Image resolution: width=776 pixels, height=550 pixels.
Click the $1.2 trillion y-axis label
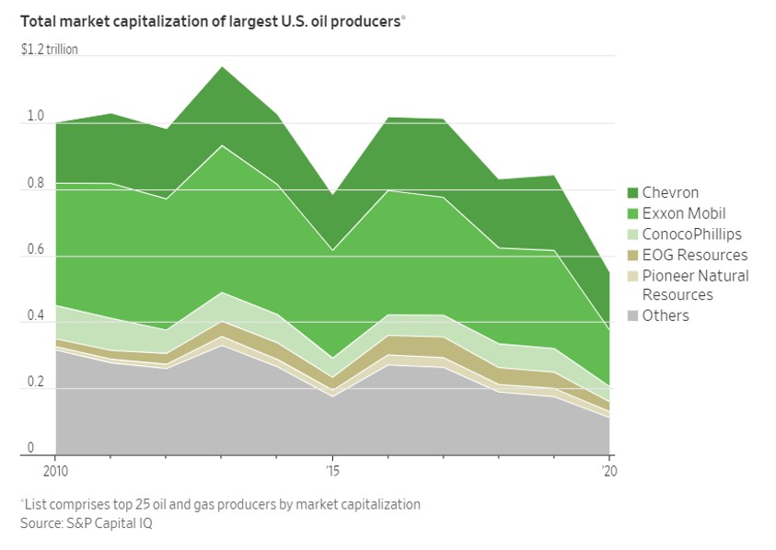pyautogui.click(x=49, y=50)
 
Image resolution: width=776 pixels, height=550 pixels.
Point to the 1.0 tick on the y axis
pyautogui.click(x=35, y=116)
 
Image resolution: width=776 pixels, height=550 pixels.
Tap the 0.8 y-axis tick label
pyautogui.click(x=35, y=183)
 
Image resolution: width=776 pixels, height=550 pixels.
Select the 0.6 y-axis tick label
pyautogui.click(x=35, y=249)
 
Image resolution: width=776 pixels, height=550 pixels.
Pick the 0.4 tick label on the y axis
pyautogui.click(x=35, y=315)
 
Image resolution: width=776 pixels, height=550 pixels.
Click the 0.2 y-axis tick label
pyautogui.click(x=35, y=383)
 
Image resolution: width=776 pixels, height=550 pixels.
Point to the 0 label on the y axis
pyautogui.click(x=30, y=448)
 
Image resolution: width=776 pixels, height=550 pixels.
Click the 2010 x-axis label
pyautogui.click(x=55, y=471)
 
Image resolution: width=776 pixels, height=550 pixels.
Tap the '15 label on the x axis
pyautogui.click(x=332, y=471)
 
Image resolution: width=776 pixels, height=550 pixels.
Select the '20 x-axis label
pyautogui.click(x=609, y=471)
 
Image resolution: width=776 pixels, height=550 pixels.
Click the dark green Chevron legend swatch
pyautogui.click(x=632, y=193)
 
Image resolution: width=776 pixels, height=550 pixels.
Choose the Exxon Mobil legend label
pyautogui.click(x=683, y=213)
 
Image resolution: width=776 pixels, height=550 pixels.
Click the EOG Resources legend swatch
pyautogui.click(x=632, y=255)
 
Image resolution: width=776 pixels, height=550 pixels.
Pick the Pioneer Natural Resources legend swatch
pyautogui.click(x=632, y=276)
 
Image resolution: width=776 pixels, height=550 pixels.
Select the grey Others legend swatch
pyautogui.click(x=632, y=315)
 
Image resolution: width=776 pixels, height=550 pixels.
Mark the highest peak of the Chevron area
pyautogui.click(x=222, y=67)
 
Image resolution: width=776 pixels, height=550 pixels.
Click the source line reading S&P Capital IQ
pyautogui.click(x=87, y=523)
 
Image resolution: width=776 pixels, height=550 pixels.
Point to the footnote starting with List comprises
pyautogui.click(x=220, y=505)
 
